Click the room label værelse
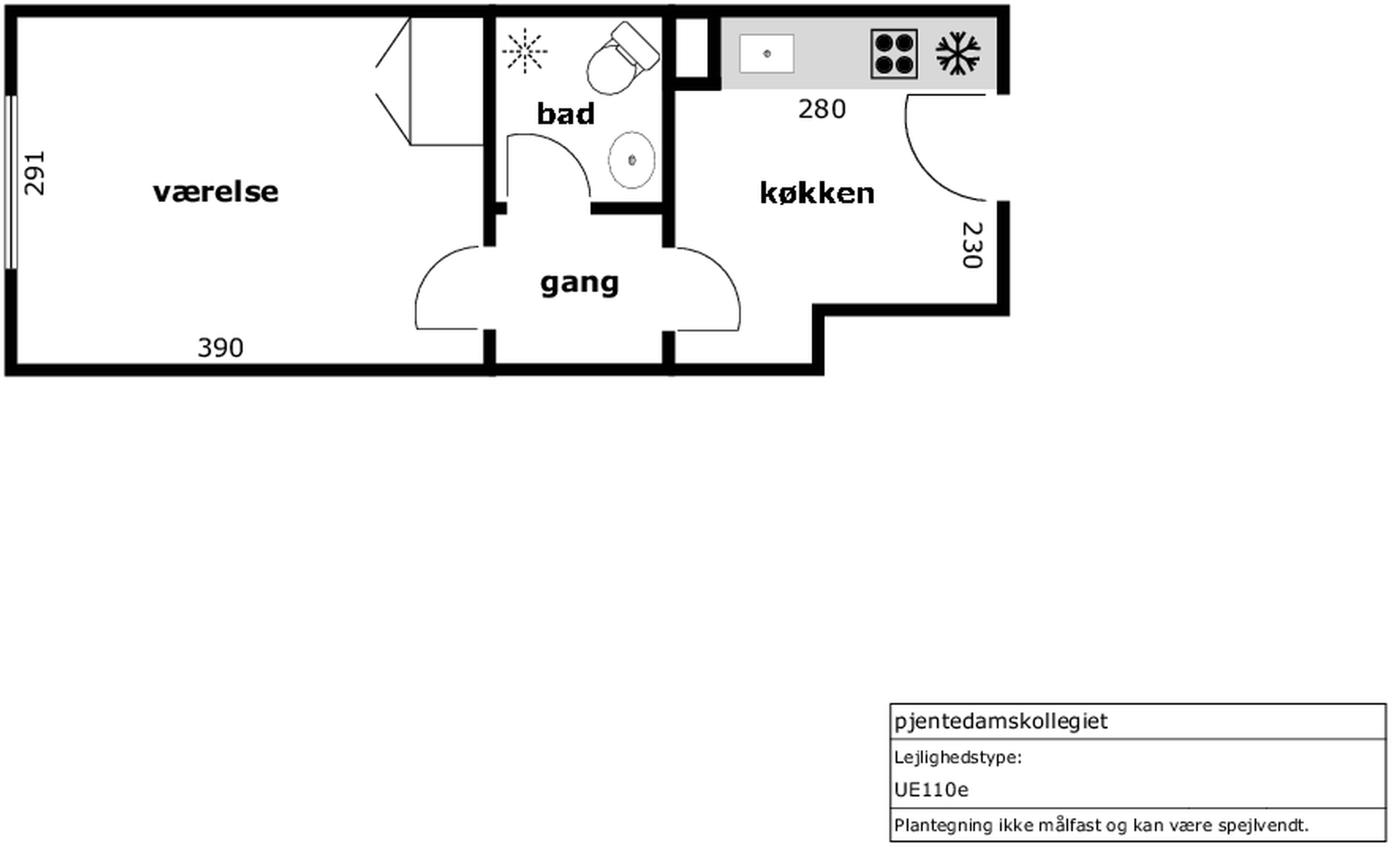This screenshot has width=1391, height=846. [x=216, y=192]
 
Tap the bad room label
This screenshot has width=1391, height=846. [x=565, y=113]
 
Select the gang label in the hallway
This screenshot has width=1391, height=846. [x=580, y=283]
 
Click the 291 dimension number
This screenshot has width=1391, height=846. [x=34, y=173]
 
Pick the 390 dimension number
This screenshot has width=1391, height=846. [x=221, y=348]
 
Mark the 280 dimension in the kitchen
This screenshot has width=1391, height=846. [x=822, y=109]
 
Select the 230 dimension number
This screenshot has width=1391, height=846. [x=972, y=245]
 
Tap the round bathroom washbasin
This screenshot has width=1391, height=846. [x=632, y=160]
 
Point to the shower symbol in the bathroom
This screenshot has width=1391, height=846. [x=524, y=51]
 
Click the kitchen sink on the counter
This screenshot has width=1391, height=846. [x=767, y=54]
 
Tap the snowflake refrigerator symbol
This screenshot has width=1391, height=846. [x=958, y=54]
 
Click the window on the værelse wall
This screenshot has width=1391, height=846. [x=11, y=182]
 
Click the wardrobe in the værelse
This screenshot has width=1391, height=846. [x=430, y=81]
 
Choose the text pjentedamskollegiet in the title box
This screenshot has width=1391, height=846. [x=1001, y=722]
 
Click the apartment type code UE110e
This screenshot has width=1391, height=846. [x=931, y=790]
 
